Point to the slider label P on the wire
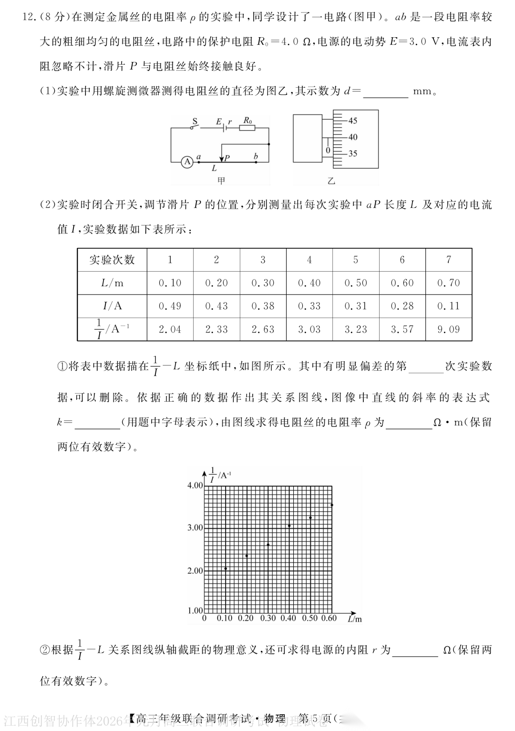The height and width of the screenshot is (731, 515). point(227,158)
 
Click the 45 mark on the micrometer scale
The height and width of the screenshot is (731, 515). point(352,121)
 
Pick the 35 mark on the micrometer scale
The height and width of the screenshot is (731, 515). point(352,153)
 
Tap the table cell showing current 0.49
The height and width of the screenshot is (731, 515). point(170,306)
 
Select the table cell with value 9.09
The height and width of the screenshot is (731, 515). point(448,329)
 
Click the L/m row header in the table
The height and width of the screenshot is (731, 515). point(112,283)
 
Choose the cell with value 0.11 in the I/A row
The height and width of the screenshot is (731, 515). point(448,306)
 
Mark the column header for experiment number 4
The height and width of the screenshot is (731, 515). point(309,260)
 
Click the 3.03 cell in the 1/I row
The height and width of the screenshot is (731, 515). point(309,329)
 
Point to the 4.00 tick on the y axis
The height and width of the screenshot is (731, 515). point(195,486)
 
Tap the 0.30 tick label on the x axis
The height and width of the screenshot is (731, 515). point(268,618)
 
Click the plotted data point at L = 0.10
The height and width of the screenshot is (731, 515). point(226,569)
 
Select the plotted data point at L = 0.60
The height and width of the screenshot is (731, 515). point(331,505)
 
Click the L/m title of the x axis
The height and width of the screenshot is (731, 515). point(355,619)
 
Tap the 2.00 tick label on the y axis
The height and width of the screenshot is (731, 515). point(195,571)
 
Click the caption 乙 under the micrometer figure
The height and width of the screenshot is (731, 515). point(331,181)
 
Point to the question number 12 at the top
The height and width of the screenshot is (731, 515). point(29,18)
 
